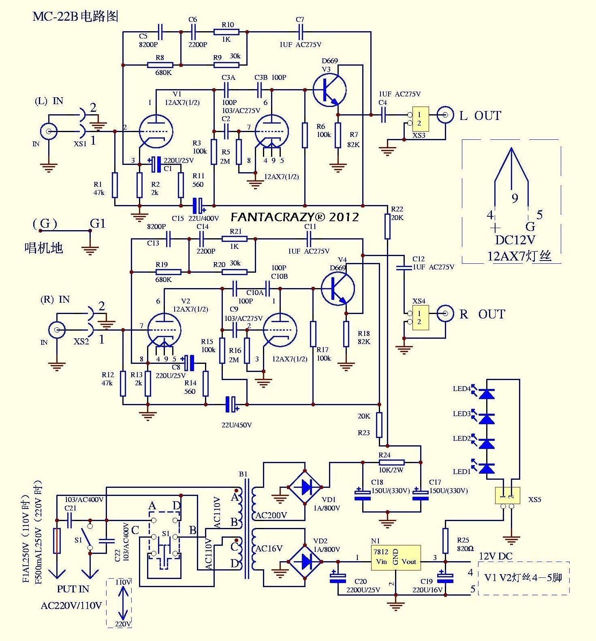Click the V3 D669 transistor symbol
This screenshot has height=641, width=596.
point(329,90)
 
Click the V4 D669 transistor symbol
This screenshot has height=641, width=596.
point(338,288)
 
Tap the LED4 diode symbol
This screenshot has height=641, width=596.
point(487,393)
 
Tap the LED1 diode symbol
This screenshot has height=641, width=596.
point(487,468)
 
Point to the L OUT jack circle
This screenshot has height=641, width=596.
point(445,115)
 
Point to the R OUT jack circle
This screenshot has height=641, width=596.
point(445,314)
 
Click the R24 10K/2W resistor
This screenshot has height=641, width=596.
point(391,462)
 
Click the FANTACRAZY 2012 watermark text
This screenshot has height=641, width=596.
point(295,217)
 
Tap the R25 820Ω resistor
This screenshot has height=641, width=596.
point(445,541)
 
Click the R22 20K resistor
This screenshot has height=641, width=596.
point(387,227)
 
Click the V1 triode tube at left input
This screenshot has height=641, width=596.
point(156,132)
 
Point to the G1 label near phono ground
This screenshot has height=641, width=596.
point(97,224)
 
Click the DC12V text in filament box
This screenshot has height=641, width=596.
point(515,240)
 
